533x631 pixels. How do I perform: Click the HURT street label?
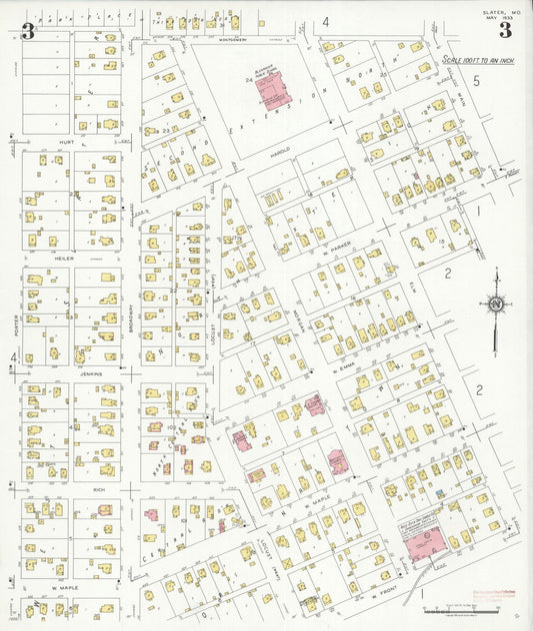tap(68, 142)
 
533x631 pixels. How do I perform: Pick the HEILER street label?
tap(66, 258)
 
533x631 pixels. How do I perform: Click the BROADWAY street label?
tap(131, 317)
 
